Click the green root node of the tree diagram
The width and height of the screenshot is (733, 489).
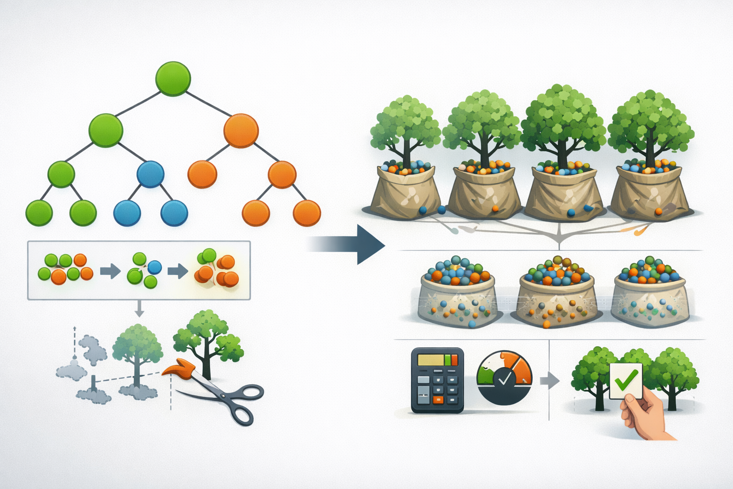[x=173, y=79]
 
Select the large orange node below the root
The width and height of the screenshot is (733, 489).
[x=241, y=131]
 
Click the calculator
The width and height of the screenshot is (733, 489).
[x=437, y=380]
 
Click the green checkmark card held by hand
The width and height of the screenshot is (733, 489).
[x=626, y=381]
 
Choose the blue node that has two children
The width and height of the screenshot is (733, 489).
[x=150, y=174]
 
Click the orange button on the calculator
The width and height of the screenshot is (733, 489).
[x=438, y=399]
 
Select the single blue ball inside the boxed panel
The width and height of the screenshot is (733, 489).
[x=154, y=267]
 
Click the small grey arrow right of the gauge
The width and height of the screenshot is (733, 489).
[x=549, y=381]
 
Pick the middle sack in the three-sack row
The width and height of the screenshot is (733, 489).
[x=556, y=294]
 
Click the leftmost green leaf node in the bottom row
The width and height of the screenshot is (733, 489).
[x=39, y=213]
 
